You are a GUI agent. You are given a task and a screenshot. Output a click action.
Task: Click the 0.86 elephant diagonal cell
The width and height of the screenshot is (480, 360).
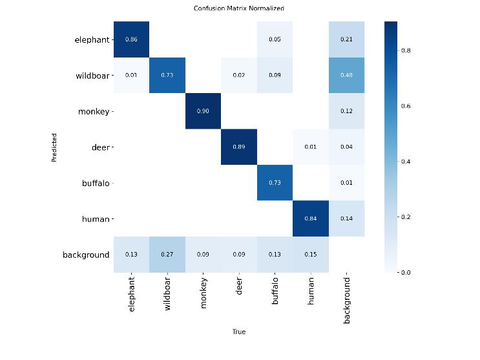click(131, 39)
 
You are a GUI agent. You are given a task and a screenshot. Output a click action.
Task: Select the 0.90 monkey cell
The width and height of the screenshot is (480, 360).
click(203, 111)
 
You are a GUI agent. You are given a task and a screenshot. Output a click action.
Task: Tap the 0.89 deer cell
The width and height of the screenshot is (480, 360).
click(239, 147)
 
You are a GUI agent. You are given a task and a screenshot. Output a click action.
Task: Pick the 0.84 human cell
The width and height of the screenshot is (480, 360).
click(310, 218)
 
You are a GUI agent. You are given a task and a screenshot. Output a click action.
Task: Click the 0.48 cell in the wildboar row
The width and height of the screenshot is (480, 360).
click(346, 75)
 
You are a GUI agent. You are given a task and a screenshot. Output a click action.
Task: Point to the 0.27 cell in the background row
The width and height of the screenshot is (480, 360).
click(167, 254)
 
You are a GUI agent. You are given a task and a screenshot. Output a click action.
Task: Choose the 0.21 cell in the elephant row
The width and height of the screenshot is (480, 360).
click(346, 39)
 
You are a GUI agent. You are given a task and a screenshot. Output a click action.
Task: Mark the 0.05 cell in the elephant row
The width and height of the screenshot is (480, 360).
click(275, 39)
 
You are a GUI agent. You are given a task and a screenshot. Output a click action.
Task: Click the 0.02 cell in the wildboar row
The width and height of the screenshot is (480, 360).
click(239, 75)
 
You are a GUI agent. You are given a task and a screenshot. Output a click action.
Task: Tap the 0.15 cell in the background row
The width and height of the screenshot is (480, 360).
click(310, 254)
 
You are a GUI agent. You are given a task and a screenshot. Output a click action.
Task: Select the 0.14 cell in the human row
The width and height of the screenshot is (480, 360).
click(346, 218)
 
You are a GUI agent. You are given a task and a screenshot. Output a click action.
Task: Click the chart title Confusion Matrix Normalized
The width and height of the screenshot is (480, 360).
click(239, 8)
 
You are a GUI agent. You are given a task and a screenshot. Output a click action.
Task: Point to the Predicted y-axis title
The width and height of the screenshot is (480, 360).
click(54, 147)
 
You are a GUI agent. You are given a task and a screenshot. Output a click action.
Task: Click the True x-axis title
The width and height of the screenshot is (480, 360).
click(239, 332)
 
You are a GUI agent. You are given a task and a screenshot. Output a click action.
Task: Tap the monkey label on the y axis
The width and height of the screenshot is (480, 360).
click(94, 111)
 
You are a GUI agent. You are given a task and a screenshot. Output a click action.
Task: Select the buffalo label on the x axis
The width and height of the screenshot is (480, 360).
click(275, 291)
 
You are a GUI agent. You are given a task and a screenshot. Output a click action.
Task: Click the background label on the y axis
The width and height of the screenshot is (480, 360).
click(86, 255)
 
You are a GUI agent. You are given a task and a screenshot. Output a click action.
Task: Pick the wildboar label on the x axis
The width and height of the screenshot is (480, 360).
click(167, 294)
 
